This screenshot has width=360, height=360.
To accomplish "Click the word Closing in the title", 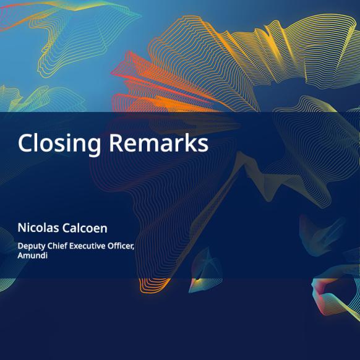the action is click(x=59, y=144).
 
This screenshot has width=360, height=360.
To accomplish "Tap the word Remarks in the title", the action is click(x=158, y=142).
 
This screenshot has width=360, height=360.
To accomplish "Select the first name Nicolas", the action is click(x=38, y=228).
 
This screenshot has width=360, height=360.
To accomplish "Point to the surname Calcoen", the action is click(x=85, y=228).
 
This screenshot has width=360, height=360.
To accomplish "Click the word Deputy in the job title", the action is click(x=32, y=246).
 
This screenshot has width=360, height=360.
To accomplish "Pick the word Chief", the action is click(x=58, y=246).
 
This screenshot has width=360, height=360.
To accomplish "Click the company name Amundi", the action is click(x=33, y=255).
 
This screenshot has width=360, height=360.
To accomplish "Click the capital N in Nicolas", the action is click(x=22, y=228).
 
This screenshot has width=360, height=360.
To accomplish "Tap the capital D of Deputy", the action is click(x=21, y=246).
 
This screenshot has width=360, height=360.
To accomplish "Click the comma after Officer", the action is click(x=134, y=249).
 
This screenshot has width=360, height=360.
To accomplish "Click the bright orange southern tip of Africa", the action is click(x=153, y=286).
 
